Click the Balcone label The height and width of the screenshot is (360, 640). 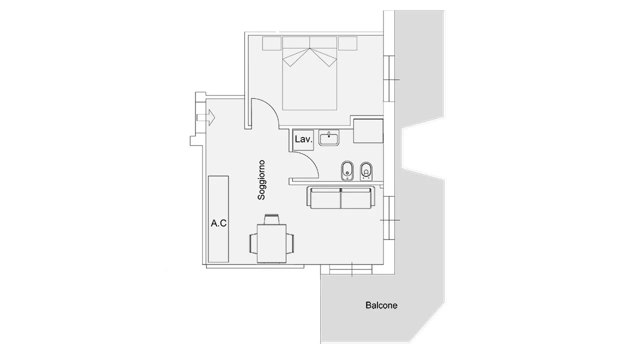381,305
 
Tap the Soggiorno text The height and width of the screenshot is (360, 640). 261,180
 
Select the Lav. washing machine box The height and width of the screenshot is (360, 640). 303,139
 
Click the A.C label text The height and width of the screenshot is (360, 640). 218,223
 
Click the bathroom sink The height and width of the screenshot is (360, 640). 329,137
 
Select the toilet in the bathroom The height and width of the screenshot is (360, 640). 366,171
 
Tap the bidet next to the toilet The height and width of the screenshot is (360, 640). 347,170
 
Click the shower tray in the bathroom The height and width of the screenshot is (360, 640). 368,131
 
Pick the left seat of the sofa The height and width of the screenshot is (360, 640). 325,198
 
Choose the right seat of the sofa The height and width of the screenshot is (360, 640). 356,198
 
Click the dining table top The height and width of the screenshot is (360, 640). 271,243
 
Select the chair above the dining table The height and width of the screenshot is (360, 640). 271,219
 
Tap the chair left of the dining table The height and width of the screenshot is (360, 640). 253,243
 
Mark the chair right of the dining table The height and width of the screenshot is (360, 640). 290,243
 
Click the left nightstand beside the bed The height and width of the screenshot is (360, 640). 271,43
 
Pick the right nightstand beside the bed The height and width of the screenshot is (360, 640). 347,43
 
